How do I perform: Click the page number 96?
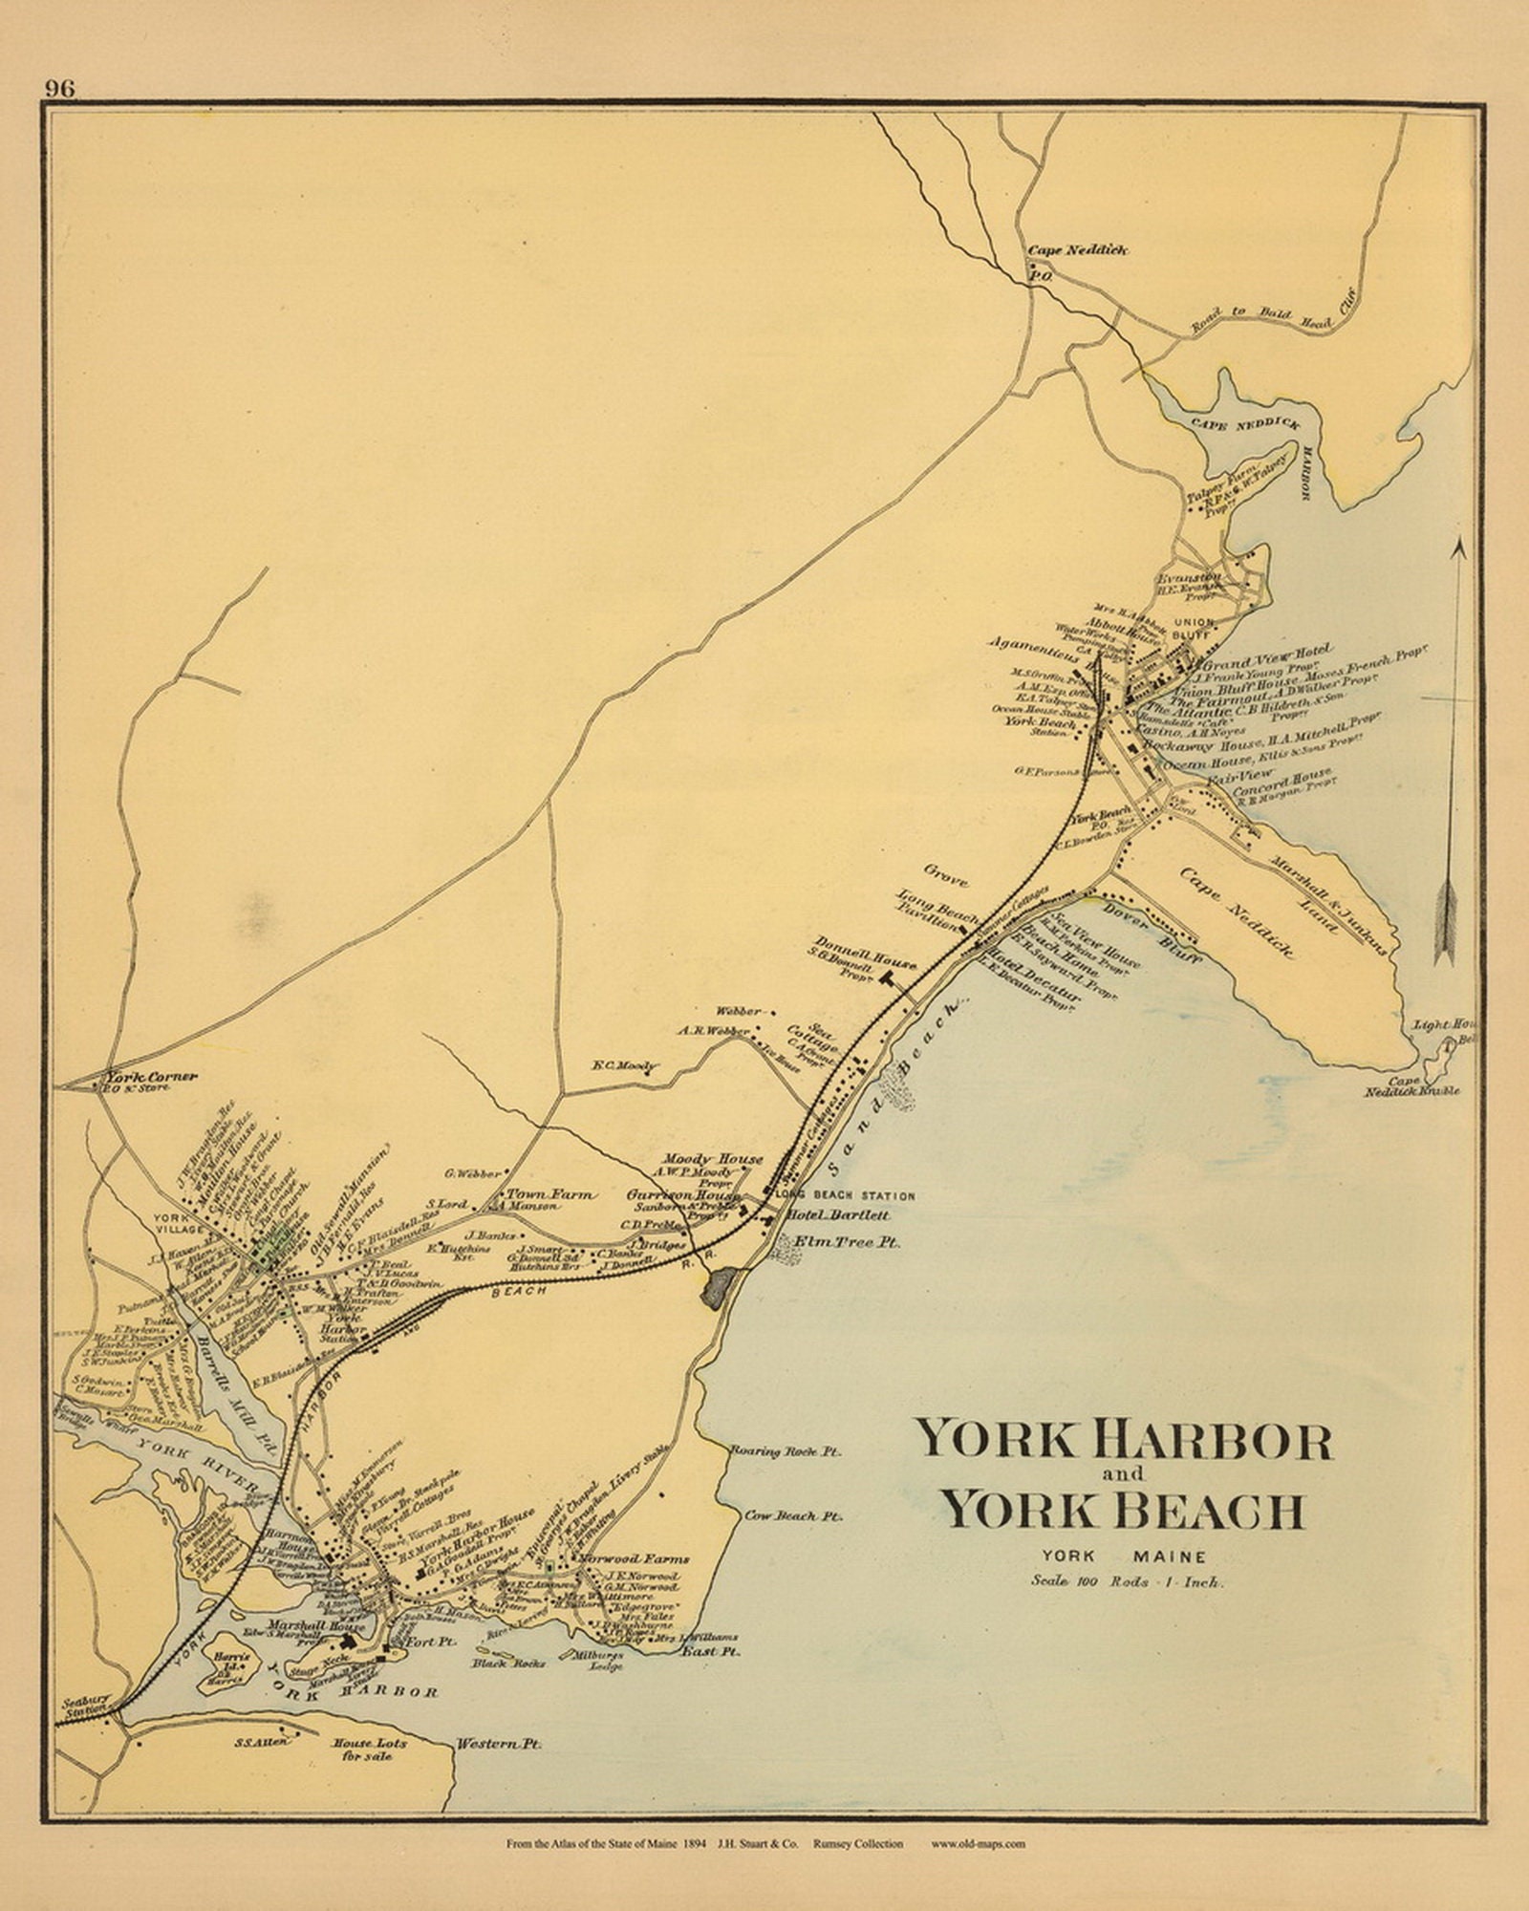(x=59, y=88)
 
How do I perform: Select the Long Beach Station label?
(x=845, y=1195)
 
